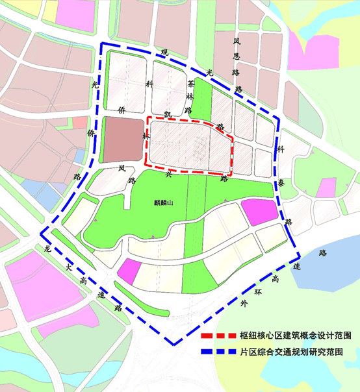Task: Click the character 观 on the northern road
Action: tap(164, 52)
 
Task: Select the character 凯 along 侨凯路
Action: tap(168, 114)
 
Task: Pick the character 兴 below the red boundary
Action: tap(168, 174)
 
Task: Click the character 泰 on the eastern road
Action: tap(281, 184)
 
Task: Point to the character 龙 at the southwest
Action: tap(47, 248)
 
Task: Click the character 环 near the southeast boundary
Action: tap(259, 292)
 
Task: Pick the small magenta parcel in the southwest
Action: tap(129, 271)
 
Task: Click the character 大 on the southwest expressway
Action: tap(67, 267)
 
